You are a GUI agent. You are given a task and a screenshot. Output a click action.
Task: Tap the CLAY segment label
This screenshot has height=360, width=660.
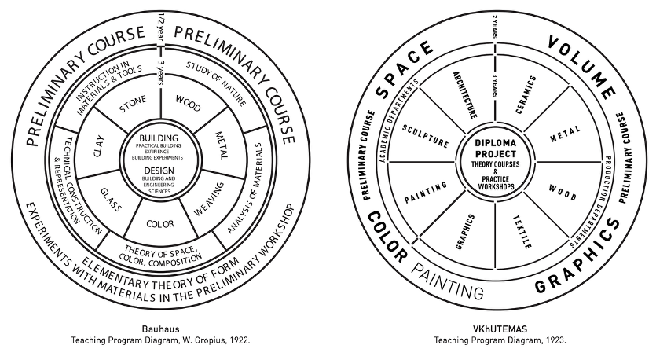[98, 144]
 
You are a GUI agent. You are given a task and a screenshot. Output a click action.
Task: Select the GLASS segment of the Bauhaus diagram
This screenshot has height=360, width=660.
[111, 193]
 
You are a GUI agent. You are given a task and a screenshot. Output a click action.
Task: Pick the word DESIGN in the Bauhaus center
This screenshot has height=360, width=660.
[159, 171]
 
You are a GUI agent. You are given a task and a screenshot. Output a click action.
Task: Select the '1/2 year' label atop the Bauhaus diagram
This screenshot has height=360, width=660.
[159, 28]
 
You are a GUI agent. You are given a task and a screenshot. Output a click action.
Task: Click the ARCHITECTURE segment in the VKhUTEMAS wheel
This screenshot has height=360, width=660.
[465, 95]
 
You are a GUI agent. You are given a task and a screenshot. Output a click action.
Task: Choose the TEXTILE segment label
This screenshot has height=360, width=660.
[522, 231]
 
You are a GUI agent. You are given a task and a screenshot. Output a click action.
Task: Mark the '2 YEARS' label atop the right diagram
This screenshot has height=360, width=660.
[494, 26]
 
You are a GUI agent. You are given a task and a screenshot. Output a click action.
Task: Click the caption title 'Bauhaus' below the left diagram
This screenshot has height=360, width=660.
[160, 328]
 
